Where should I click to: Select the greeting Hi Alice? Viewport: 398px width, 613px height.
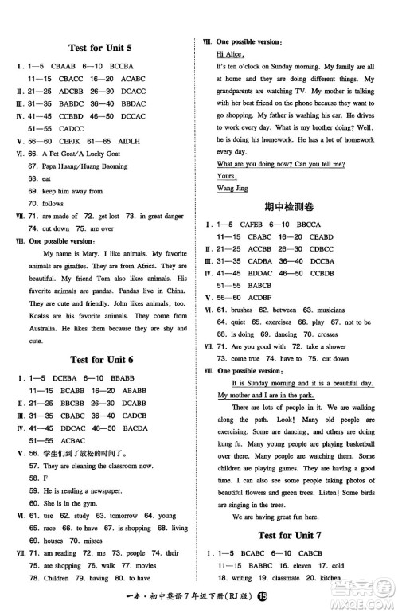(231, 53)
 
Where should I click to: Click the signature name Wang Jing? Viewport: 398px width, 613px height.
(232, 187)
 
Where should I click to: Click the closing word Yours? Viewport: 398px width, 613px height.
(227, 175)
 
